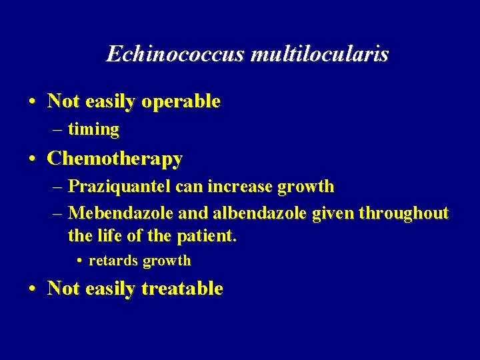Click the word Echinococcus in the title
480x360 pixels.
tap(176, 54)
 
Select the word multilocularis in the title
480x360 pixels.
tap(319, 54)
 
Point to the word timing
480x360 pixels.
tap(93, 129)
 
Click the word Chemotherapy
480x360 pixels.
tap(115, 159)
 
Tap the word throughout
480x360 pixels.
tap(403, 213)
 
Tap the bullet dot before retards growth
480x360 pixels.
tap(79, 261)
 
